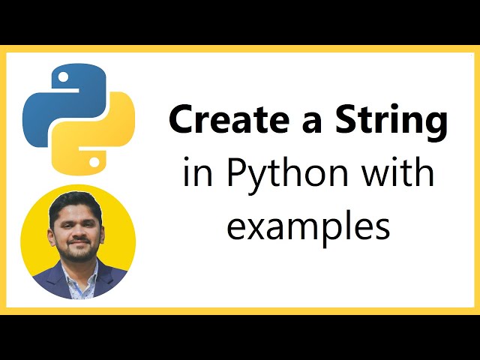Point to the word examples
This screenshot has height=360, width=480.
click(x=308, y=225)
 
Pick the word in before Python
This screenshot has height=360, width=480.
click(x=195, y=173)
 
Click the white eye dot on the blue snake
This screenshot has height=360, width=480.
click(x=61, y=77)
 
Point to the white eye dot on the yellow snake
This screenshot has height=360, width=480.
click(x=94, y=160)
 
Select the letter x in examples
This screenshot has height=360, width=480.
click(x=257, y=226)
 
